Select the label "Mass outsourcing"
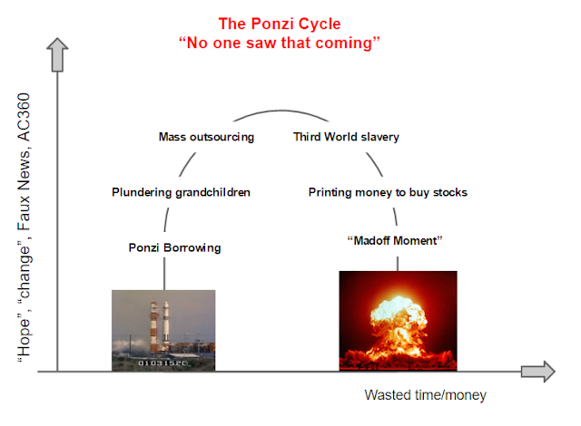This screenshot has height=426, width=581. [x=206, y=138]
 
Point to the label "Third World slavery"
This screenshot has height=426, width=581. [x=346, y=138]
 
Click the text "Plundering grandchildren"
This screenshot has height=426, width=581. [x=181, y=192]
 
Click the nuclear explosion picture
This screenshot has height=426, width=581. [x=398, y=321]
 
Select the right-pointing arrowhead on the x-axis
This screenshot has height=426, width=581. [x=537, y=371]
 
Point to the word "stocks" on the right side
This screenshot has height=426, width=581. [x=450, y=192]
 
